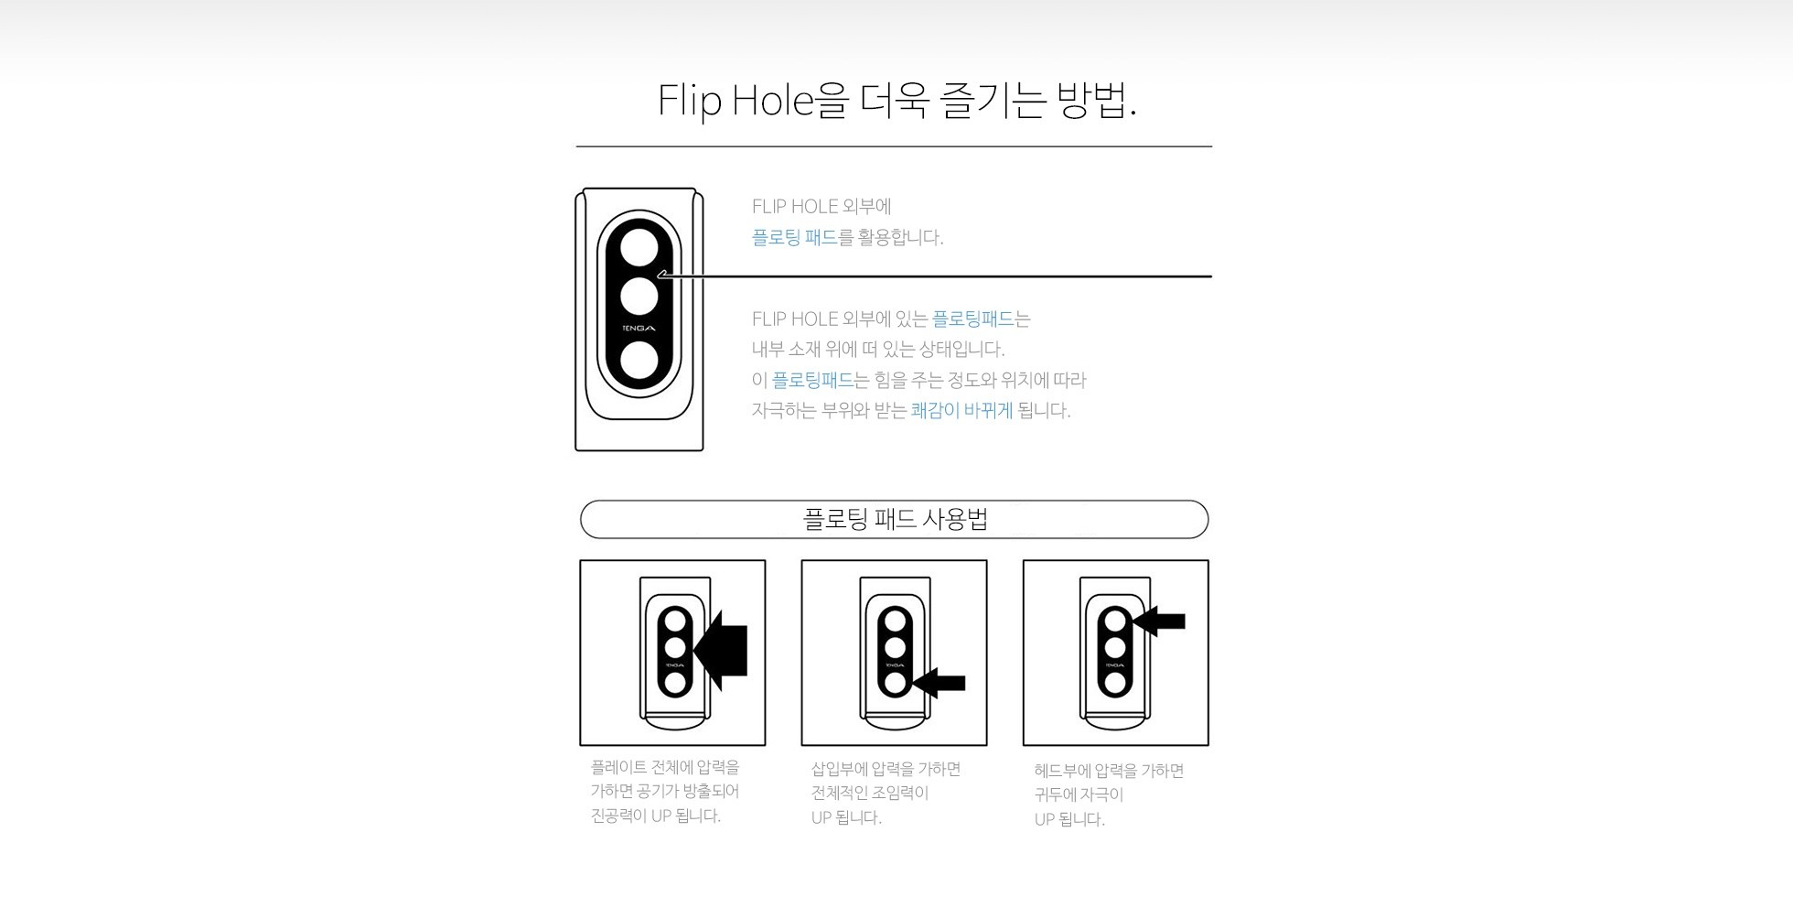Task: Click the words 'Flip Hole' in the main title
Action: tap(736, 101)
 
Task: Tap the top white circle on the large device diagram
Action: tap(639, 248)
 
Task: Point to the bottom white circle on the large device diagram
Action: tap(639, 361)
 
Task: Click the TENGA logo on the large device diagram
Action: tap(639, 329)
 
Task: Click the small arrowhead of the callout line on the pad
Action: tap(661, 275)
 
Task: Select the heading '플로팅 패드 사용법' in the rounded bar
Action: tap(895, 520)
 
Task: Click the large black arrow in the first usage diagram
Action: tap(721, 650)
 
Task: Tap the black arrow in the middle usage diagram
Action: tap(939, 683)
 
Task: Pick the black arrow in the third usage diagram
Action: tap(1159, 621)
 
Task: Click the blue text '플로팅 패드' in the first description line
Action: tap(794, 237)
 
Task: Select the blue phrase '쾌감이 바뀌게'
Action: tap(961, 410)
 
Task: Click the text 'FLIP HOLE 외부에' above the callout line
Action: tap(821, 207)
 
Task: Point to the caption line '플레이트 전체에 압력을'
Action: tap(665, 767)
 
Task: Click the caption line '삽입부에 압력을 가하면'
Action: tap(886, 769)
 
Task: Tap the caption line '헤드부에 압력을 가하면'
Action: tap(1109, 771)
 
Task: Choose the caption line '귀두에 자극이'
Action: tap(1079, 794)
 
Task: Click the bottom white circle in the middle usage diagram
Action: tap(896, 682)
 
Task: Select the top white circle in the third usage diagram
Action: tap(1115, 621)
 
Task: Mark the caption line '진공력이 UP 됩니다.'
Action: tap(656, 816)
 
